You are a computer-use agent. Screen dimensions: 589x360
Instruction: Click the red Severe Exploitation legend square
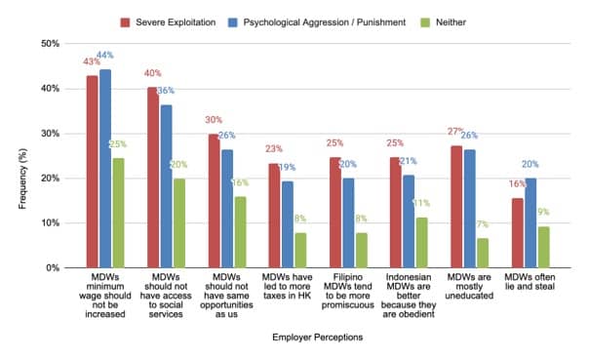pos(125,22)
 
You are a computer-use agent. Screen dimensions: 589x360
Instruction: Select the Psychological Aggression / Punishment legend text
pos(325,22)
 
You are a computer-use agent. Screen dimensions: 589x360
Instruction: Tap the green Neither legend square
pos(425,22)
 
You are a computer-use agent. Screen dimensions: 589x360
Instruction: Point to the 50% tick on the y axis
pos(50,44)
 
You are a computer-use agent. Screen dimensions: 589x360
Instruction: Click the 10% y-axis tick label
pos(50,223)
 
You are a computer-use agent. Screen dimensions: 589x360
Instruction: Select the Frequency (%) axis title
pos(22,179)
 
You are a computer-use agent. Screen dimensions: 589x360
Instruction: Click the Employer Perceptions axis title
pos(317,338)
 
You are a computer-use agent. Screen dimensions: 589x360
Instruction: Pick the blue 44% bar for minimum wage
pos(105,169)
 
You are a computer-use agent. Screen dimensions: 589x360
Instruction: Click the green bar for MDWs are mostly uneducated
pos(483,253)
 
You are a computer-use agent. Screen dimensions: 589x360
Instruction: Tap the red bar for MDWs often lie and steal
pos(518,233)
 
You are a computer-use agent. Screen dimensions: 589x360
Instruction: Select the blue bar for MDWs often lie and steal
pos(530,222)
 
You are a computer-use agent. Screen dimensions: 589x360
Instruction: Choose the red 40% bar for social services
pos(153,178)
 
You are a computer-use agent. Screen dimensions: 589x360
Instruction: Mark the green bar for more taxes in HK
pos(300,251)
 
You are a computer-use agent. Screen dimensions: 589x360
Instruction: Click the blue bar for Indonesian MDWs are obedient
pos(409,221)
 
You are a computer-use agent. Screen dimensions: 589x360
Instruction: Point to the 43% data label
pos(92,61)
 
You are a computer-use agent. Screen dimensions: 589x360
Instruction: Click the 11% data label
pos(421,203)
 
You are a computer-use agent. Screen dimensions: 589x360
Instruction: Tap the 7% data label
pos(483,224)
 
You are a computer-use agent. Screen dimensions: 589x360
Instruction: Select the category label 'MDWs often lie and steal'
pos(530,282)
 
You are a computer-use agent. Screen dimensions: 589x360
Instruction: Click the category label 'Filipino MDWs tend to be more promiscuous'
pos(348,292)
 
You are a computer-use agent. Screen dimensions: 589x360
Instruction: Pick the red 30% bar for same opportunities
pos(215,201)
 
